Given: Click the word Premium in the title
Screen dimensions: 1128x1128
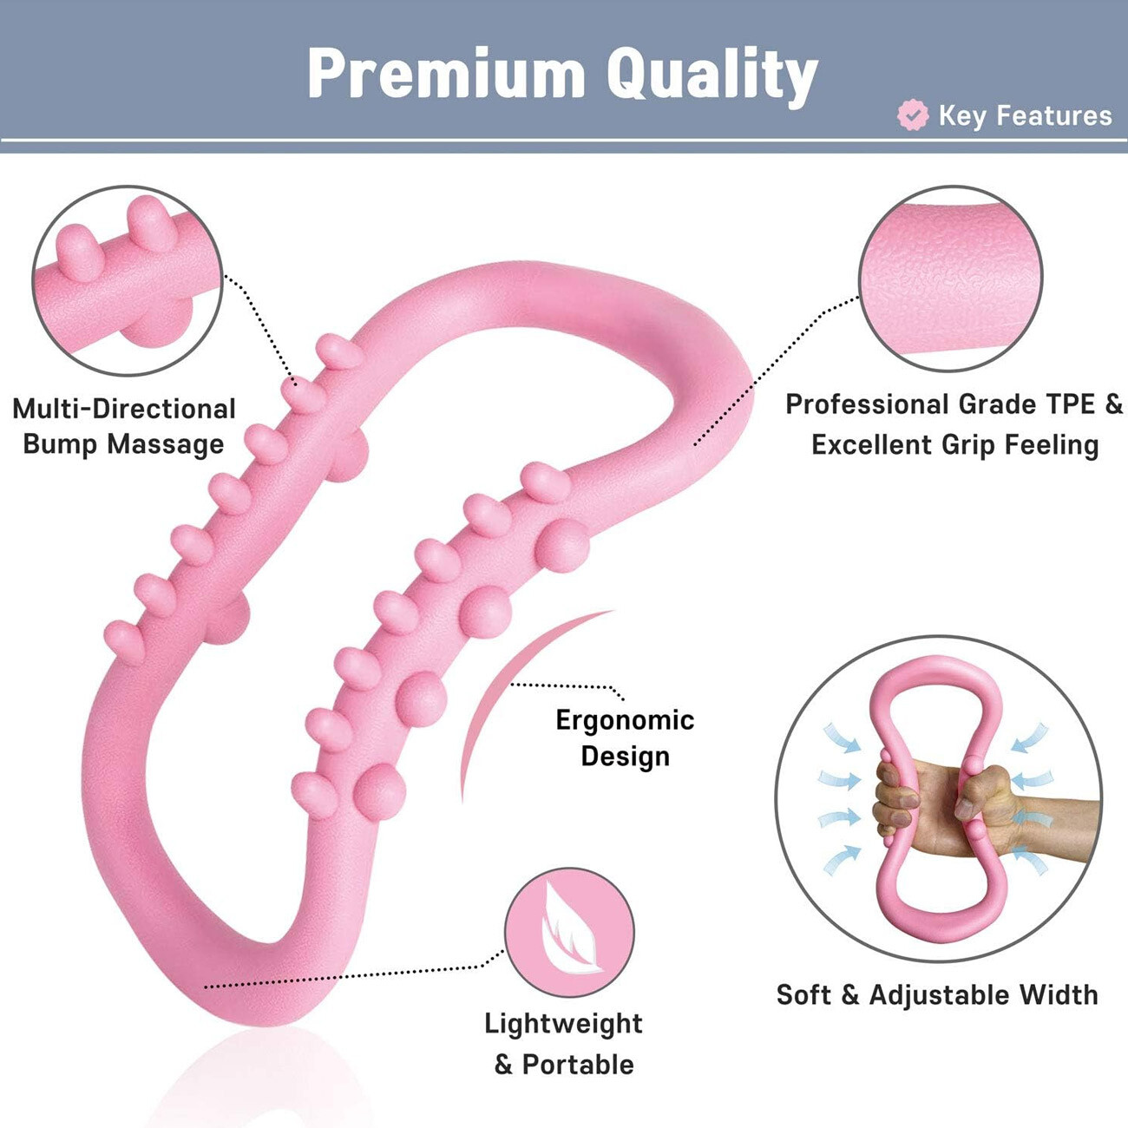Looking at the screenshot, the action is point(446,73).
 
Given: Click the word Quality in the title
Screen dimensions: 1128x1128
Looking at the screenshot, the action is point(712,76).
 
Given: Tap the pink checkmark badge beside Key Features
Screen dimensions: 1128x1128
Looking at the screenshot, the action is point(913,115).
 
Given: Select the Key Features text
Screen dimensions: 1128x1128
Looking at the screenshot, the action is point(1025,116).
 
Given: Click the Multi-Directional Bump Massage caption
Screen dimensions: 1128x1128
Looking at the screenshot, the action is point(124,426).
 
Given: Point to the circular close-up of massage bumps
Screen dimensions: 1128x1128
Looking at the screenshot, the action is point(128,280).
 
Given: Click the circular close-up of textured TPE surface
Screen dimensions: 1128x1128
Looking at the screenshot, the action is point(951,279).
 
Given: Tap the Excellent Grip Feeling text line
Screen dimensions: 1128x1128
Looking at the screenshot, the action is point(954,445).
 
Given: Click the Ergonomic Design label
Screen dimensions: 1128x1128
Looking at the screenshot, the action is point(625,738).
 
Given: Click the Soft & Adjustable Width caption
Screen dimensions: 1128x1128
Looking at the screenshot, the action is point(937,994).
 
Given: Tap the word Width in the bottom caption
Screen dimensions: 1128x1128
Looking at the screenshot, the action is point(1059,994).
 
